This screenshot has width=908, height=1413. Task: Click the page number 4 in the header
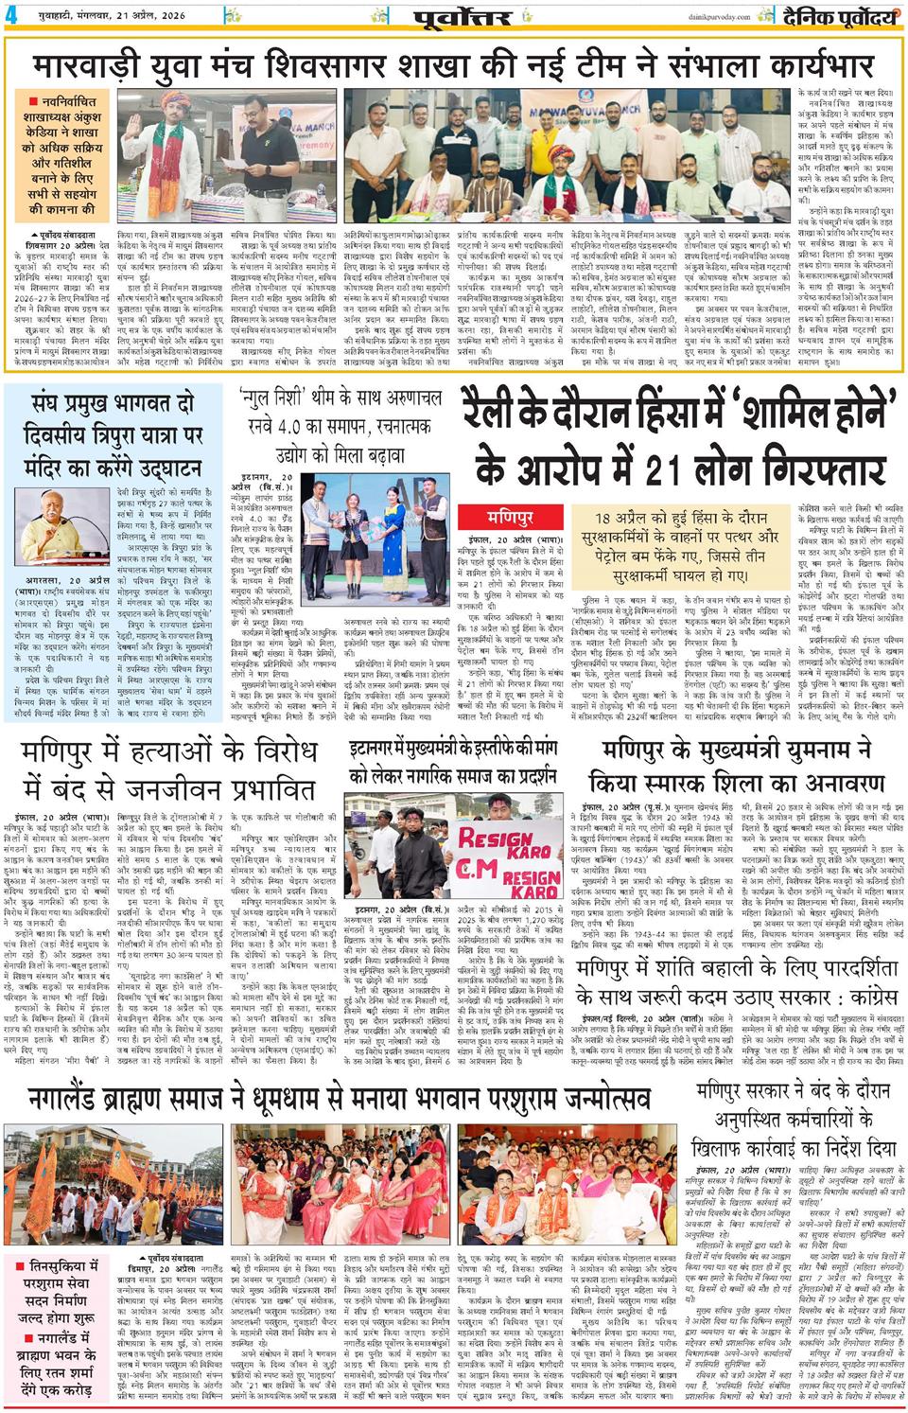click(x=11, y=18)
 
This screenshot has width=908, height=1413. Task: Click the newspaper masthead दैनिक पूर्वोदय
click(x=838, y=17)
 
